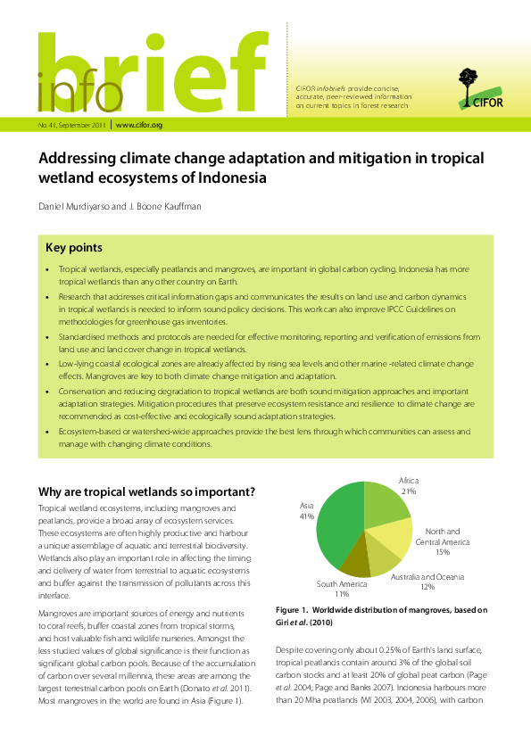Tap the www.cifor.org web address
pos(139,125)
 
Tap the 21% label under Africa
pos(410,491)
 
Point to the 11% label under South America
pos(342,594)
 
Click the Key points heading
pos(73,247)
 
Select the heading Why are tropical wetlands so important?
pos(146,492)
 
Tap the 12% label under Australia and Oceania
pos(427,588)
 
